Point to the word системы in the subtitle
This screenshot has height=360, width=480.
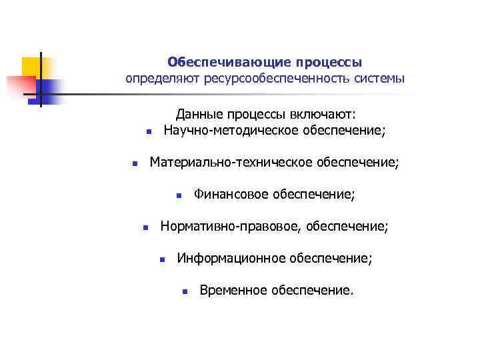(x=380, y=79)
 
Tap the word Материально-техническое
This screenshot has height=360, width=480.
(x=231, y=162)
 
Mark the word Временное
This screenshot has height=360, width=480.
(x=233, y=291)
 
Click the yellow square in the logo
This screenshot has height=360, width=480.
(x=31, y=67)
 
